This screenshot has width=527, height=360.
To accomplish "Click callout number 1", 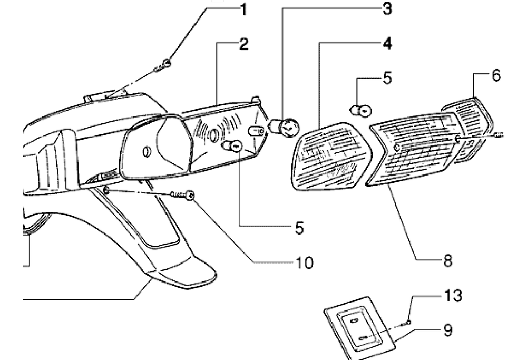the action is [x=243, y=9].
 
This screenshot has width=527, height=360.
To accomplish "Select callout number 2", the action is [x=244, y=44].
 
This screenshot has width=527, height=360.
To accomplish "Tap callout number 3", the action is [x=387, y=8].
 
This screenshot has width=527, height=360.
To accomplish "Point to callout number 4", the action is [x=387, y=44].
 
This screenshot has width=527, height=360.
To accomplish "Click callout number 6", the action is [x=496, y=75].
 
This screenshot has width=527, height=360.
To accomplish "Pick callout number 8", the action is [x=447, y=260].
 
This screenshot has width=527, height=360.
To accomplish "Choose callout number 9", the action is [x=447, y=330].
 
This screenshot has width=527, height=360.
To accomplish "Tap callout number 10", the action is [x=304, y=262].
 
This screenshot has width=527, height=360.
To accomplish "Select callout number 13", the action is [x=453, y=296].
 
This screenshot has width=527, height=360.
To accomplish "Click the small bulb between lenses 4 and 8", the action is [x=360, y=110].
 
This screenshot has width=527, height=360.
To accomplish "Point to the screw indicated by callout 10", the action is [x=183, y=195].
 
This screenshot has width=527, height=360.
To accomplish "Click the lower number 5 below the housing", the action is [x=299, y=228].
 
